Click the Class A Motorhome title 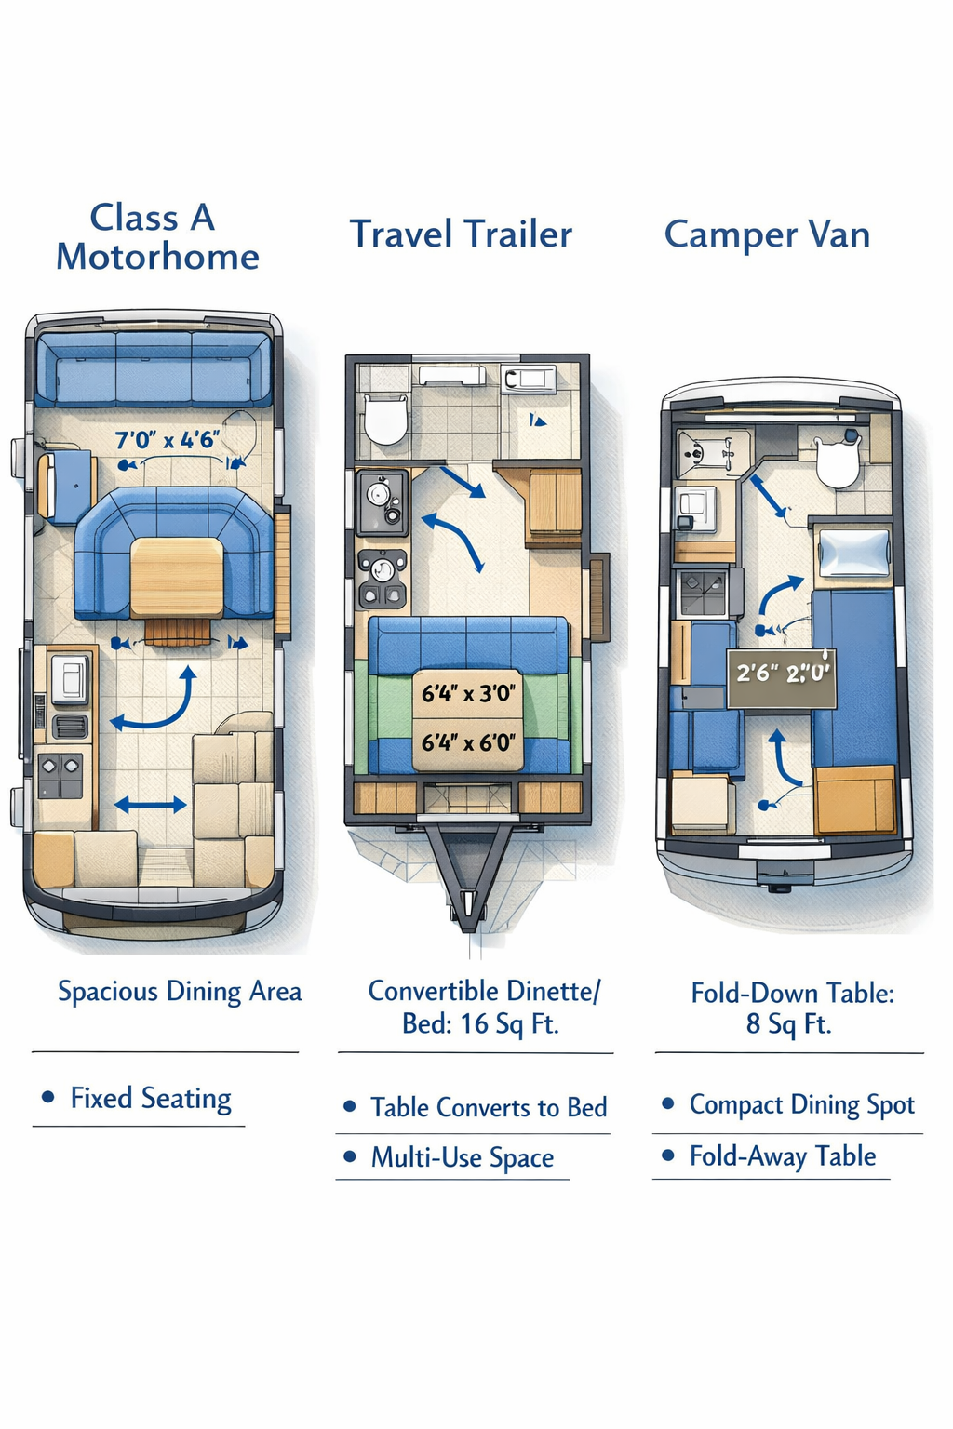156,237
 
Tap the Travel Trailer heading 461,234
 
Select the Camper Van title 767,234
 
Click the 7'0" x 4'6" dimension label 168,440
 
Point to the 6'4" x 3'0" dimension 467,693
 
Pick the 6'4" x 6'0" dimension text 467,742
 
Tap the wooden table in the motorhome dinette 177,577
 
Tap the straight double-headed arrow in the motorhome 151,805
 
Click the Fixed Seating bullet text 151,1099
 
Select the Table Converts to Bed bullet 488,1107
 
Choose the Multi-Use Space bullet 462,1157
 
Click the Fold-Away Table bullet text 782,1156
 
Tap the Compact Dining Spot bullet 801,1105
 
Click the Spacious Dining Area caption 180,992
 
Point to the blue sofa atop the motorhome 154,370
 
